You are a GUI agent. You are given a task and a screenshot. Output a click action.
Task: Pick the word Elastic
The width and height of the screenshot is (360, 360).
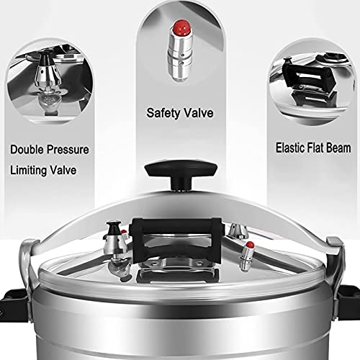point(291,149)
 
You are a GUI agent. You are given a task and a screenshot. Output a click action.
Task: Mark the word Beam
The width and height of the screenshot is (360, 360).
point(341,149)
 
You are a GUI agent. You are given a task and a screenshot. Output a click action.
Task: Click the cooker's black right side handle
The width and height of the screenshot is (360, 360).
point(351,292)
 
